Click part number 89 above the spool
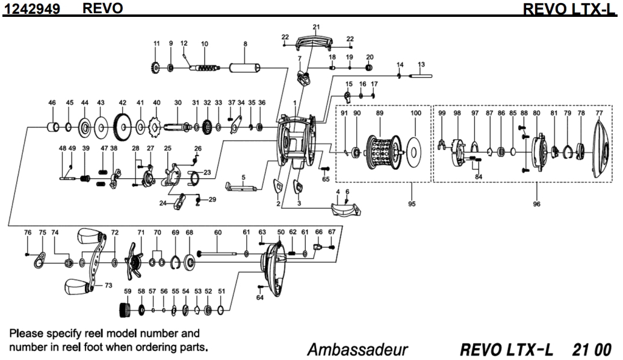point(379,113)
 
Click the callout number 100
point(415,113)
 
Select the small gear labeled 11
point(157,67)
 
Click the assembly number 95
point(412,203)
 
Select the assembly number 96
point(536,203)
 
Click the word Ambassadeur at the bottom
point(358,350)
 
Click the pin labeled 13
point(421,76)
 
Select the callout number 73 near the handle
point(108,285)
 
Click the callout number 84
point(479,177)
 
